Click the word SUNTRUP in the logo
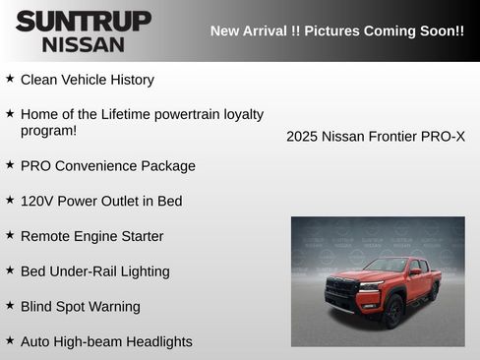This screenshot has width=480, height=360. tap(84, 21)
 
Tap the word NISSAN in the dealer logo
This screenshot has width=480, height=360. tap(84, 43)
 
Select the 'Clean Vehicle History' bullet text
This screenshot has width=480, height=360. tap(87, 80)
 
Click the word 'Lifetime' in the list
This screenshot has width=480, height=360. tap(128, 114)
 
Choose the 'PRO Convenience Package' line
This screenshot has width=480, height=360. tap(107, 166)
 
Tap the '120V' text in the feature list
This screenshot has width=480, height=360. tap(36, 201)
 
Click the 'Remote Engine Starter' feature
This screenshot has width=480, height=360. tap(91, 236)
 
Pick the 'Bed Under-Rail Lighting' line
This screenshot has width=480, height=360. tap(94, 271)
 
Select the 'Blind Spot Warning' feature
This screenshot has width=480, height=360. tap(80, 307)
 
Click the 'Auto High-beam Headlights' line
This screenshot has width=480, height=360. tap(106, 342)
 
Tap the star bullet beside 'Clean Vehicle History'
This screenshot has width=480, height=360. tap(10, 78)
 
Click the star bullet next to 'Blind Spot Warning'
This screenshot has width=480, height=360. tap(10, 305)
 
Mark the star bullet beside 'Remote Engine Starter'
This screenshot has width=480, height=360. tap(10, 234)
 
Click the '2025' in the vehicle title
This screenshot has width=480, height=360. tap(302, 137)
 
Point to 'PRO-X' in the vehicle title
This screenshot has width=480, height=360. tap(443, 137)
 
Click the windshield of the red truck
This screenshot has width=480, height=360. tap(385, 266)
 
